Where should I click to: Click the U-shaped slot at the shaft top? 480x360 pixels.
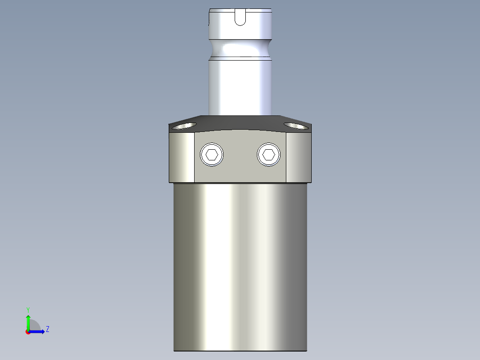[x=240, y=17]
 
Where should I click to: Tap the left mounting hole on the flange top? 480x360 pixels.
[x=185, y=126]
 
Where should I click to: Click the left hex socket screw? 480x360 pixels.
[x=212, y=155]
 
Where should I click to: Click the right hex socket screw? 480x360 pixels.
[x=268, y=155]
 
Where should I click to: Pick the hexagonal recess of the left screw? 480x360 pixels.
[x=212, y=155]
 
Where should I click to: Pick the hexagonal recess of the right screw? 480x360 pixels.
[x=268, y=155]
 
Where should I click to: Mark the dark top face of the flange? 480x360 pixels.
[x=240, y=122]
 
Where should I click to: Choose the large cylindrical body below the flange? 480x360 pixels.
[x=240, y=267]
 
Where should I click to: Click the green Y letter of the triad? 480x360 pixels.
[x=28, y=309]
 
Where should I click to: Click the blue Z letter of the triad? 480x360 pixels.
[x=47, y=329]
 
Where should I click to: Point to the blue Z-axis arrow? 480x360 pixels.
[x=38, y=331]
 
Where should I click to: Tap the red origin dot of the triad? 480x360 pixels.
[x=28, y=332]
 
